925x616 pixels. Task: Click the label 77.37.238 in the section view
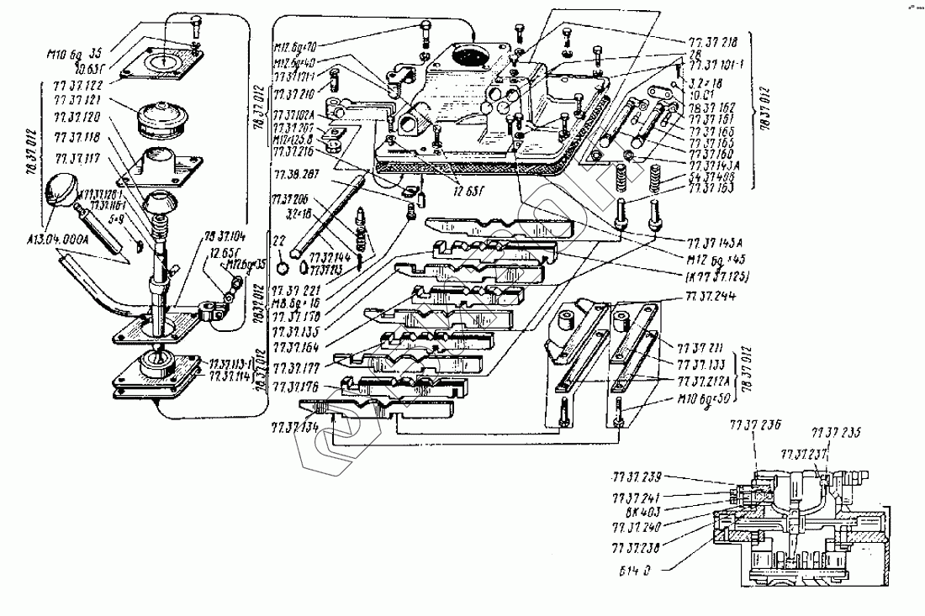pos(637,545)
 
